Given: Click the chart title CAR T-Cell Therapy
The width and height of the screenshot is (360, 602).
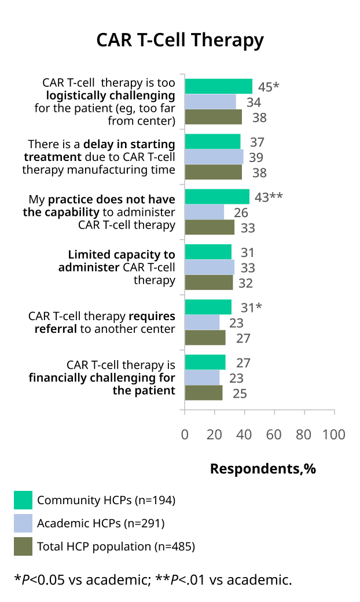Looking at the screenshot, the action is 180,41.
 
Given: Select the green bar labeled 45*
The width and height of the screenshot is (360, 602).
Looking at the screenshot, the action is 218,86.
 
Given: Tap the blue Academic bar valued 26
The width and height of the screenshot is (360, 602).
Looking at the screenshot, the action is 204,212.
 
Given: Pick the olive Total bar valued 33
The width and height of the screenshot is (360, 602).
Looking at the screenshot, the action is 210,227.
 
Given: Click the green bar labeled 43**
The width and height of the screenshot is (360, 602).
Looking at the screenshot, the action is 217,197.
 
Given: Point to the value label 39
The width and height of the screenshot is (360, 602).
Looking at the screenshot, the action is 256,157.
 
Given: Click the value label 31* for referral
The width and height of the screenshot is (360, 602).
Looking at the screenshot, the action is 251,307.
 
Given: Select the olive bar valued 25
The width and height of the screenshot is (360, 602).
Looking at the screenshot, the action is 203,393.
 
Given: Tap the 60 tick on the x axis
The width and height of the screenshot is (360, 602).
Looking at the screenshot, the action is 274,435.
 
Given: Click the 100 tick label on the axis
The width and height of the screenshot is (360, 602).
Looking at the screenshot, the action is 333,435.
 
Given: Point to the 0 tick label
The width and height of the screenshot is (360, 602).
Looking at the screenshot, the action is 185,435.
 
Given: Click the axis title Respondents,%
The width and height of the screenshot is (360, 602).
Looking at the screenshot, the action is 263,469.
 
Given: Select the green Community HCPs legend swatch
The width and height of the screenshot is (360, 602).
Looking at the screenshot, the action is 23,500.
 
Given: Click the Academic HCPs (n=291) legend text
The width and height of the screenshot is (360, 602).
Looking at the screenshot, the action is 101,523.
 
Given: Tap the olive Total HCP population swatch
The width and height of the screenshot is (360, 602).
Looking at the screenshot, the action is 23,546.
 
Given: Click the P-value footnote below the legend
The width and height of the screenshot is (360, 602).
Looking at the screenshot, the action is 153,580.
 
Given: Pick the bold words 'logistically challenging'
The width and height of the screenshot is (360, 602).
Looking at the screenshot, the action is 111,96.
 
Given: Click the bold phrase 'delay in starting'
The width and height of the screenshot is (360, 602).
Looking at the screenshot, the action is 129,144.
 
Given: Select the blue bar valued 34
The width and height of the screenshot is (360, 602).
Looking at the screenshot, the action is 210,102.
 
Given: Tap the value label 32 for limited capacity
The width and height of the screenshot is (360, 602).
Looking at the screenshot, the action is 245,283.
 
